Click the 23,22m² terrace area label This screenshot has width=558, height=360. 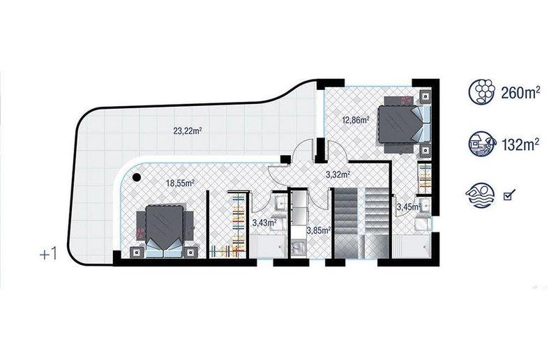point(188,130)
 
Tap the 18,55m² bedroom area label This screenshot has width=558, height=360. point(180,183)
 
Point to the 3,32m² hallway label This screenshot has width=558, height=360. point(338,174)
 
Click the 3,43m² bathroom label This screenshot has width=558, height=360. point(265,223)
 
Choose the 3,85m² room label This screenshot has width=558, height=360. point(319,230)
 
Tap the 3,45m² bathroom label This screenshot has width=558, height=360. point(409,207)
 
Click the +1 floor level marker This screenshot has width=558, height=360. point(48,255)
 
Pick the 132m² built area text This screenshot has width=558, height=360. point(520,144)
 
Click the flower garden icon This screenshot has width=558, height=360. point(481,91)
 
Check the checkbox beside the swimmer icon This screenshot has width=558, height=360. point(509,195)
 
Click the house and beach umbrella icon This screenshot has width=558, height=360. point(481,144)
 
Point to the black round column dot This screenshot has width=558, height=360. point(136,177)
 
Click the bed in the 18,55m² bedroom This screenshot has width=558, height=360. point(165,230)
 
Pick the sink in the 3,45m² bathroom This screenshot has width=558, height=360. point(425,205)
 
